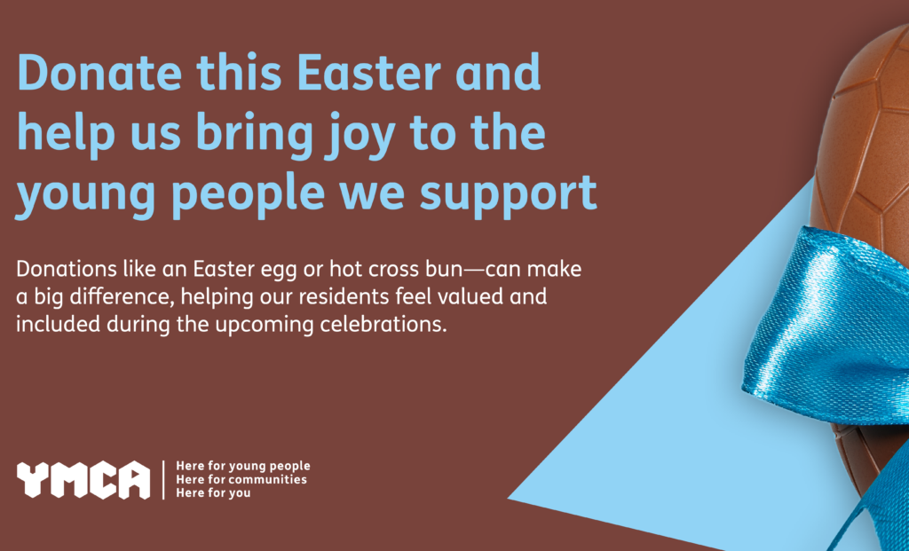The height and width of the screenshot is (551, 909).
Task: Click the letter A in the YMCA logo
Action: [135, 480]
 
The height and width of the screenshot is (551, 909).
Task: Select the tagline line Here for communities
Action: [241, 480]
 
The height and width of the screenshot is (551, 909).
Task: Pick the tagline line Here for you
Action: [213, 493]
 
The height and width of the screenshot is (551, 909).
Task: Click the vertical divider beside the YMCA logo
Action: [163, 480]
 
